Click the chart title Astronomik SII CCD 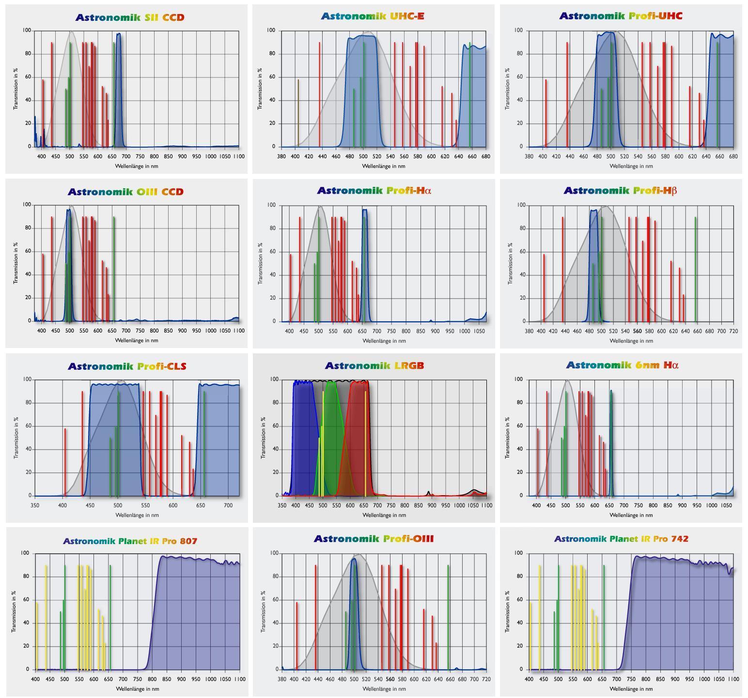[x=130, y=17]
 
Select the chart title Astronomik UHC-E [x=372, y=16]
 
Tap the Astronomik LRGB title [x=374, y=365]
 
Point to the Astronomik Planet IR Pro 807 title [x=130, y=541]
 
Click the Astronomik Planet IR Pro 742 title [x=621, y=539]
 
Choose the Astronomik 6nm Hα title [x=622, y=365]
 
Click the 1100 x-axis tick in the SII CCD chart [x=238, y=156]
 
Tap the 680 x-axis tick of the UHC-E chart [x=485, y=156]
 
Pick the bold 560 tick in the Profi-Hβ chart [x=637, y=331]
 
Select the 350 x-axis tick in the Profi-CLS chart [x=35, y=505]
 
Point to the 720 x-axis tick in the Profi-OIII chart [x=486, y=679]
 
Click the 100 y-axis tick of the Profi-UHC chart [x=518, y=30]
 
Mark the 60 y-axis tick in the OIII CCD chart [x=27, y=251]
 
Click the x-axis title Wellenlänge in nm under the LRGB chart [x=384, y=515]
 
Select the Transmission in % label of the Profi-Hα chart [x=261, y=263]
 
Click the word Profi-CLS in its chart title [x=161, y=366]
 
